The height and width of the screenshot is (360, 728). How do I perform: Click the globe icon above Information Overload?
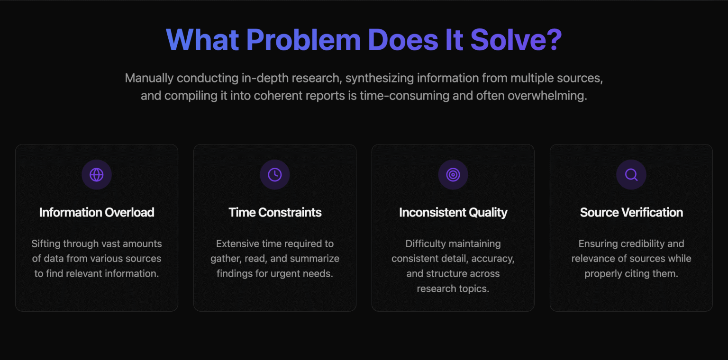[x=97, y=175]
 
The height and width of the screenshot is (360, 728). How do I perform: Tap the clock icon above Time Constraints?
[x=274, y=175]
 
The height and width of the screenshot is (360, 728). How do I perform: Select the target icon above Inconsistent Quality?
[x=453, y=175]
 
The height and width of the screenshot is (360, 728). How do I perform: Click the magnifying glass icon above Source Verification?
[x=631, y=175]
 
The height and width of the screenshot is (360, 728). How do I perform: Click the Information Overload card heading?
[x=97, y=213]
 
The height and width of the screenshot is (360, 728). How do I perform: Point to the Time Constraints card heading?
[x=275, y=213]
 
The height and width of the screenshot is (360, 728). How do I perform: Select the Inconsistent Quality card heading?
[x=453, y=213]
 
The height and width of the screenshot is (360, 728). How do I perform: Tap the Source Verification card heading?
[x=631, y=213]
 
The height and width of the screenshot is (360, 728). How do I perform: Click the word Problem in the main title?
[x=303, y=40]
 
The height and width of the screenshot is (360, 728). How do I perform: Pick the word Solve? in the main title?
[x=516, y=40]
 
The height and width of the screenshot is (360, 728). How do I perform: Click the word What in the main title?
[x=202, y=40]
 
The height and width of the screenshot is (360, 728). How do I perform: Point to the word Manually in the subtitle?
[x=149, y=79]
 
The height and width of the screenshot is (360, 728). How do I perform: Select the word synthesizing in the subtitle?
[x=379, y=79]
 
